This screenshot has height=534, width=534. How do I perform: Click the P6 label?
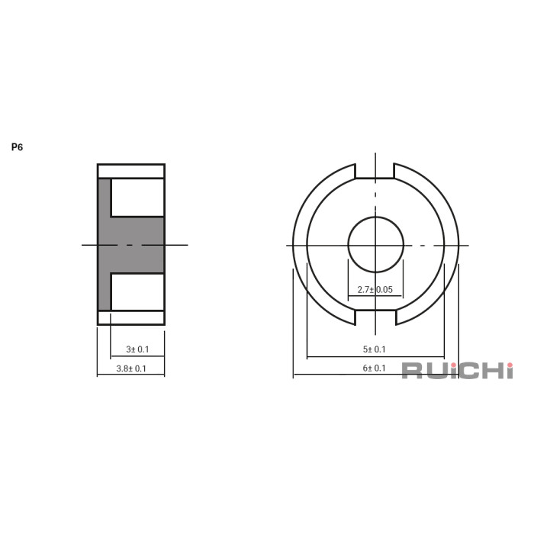(x=17, y=147)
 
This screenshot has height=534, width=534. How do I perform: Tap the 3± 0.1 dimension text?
(x=137, y=349)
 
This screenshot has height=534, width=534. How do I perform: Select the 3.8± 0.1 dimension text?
(x=131, y=368)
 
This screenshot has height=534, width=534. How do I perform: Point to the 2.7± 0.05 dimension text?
(x=375, y=290)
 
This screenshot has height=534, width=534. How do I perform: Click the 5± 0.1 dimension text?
(x=375, y=349)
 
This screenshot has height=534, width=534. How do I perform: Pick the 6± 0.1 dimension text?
(x=375, y=368)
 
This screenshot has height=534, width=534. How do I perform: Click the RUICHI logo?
(x=458, y=371)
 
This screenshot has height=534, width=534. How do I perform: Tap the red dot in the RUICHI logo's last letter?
(x=510, y=365)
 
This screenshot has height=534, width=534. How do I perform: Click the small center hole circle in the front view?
(x=375, y=245)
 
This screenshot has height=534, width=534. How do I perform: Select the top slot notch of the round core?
(x=375, y=171)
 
